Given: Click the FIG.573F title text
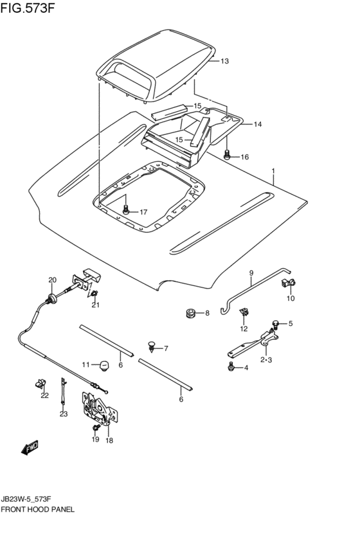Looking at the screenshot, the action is (x=28, y=8).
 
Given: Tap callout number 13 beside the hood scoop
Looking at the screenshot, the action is (x=224, y=62).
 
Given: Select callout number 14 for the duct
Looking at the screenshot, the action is (x=257, y=124).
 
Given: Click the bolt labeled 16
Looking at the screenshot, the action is (x=227, y=154).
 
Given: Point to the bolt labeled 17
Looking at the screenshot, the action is (x=126, y=210).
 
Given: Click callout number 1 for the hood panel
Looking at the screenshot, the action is (x=273, y=171).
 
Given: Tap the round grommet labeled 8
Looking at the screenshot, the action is (x=190, y=313).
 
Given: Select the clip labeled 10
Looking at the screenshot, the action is (x=287, y=284).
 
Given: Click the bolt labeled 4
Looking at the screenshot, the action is (x=231, y=366).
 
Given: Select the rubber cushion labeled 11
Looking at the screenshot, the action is (x=104, y=366).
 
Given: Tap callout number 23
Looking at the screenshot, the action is (x=63, y=414).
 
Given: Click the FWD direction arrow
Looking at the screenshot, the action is (x=30, y=447).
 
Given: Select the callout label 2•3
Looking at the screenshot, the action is (x=265, y=360).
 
